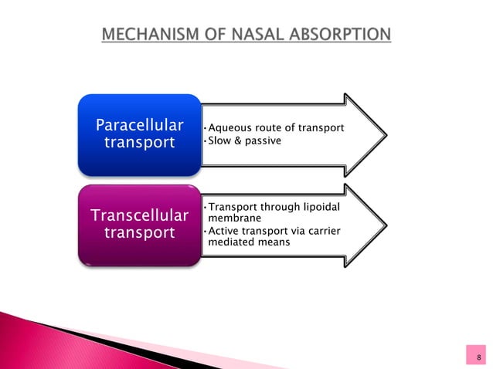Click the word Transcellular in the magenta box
139,215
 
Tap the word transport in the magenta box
139,234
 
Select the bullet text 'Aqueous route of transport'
271,127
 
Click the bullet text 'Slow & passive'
240,142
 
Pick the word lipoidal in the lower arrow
318,207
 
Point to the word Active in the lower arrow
223,231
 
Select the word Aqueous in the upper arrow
227,127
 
